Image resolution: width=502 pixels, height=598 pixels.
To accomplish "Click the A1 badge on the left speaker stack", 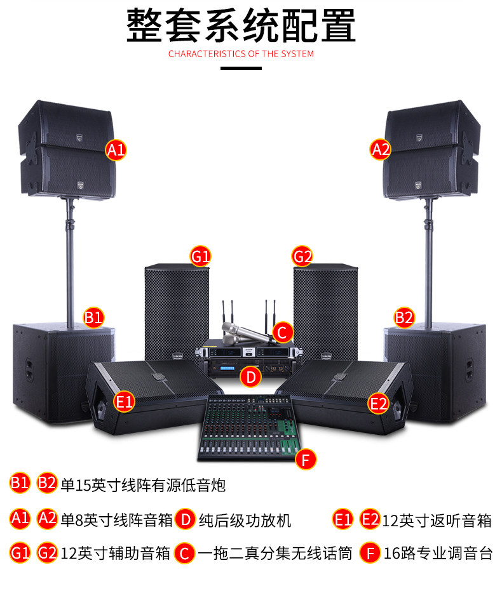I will [x=116, y=150].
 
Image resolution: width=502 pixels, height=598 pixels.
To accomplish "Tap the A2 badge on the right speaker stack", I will [x=381, y=150].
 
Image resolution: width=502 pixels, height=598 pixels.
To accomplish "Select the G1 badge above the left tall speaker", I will [x=201, y=256].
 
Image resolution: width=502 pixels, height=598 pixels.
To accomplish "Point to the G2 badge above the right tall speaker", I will [x=302, y=256].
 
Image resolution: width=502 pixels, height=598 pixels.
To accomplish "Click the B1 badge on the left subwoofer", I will [x=94, y=317].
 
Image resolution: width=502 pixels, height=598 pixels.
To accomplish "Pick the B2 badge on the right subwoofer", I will [x=404, y=317].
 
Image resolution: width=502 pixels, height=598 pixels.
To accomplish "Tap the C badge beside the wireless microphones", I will [x=283, y=331].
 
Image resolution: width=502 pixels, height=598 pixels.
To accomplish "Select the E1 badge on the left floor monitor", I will [x=125, y=401].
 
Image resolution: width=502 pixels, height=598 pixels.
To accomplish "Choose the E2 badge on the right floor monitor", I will [x=379, y=402].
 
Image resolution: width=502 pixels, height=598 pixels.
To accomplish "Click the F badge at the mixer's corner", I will [x=306, y=458].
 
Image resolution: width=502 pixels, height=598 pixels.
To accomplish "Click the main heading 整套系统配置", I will [x=241, y=25].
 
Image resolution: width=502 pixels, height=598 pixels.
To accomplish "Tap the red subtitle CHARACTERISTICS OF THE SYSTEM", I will [x=241, y=54].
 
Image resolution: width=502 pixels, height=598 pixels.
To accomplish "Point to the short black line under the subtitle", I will [x=241, y=68].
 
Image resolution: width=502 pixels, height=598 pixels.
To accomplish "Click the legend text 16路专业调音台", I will [x=438, y=553].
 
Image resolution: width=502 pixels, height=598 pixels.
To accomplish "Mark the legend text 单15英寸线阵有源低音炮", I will [x=143, y=486].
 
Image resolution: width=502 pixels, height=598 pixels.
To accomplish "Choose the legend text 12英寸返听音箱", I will [x=437, y=521].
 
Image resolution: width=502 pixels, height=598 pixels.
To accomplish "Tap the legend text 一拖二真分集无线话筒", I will [x=275, y=553].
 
